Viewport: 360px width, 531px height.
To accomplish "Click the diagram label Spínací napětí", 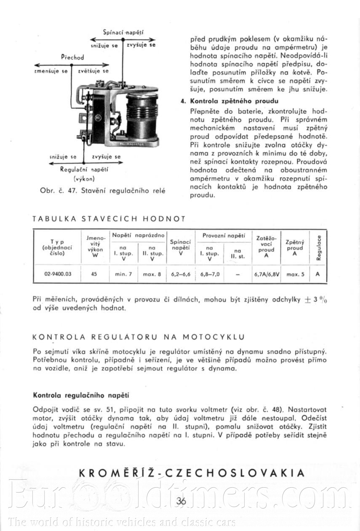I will pyautogui.click(x=123, y=32).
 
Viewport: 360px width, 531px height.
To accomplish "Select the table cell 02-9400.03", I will pyautogui.click(x=58, y=274).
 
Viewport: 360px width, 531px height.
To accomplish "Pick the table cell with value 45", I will pyautogui.click(x=94, y=274).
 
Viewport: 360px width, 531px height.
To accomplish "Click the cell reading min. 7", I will pyautogui.click(x=123, y=274).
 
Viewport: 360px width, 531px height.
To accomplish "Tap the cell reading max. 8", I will pyautogui.click(x=152, y=274).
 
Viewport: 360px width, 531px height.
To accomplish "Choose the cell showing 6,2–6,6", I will pyautogui.click(x=181, y=274).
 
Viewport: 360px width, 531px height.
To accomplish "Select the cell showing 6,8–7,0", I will pyautogui.click(x=210, y=274).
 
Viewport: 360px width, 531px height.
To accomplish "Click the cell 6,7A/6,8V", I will pyautogui.click(x=267, y=274).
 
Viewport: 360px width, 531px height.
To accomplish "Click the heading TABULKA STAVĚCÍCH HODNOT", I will pyautogui.click(x=109, y=219).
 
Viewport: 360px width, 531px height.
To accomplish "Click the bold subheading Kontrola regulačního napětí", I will pyautogui.click(x=80, y=395).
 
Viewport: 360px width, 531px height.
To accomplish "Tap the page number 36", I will pyautogui.click(x=181, y=501).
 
